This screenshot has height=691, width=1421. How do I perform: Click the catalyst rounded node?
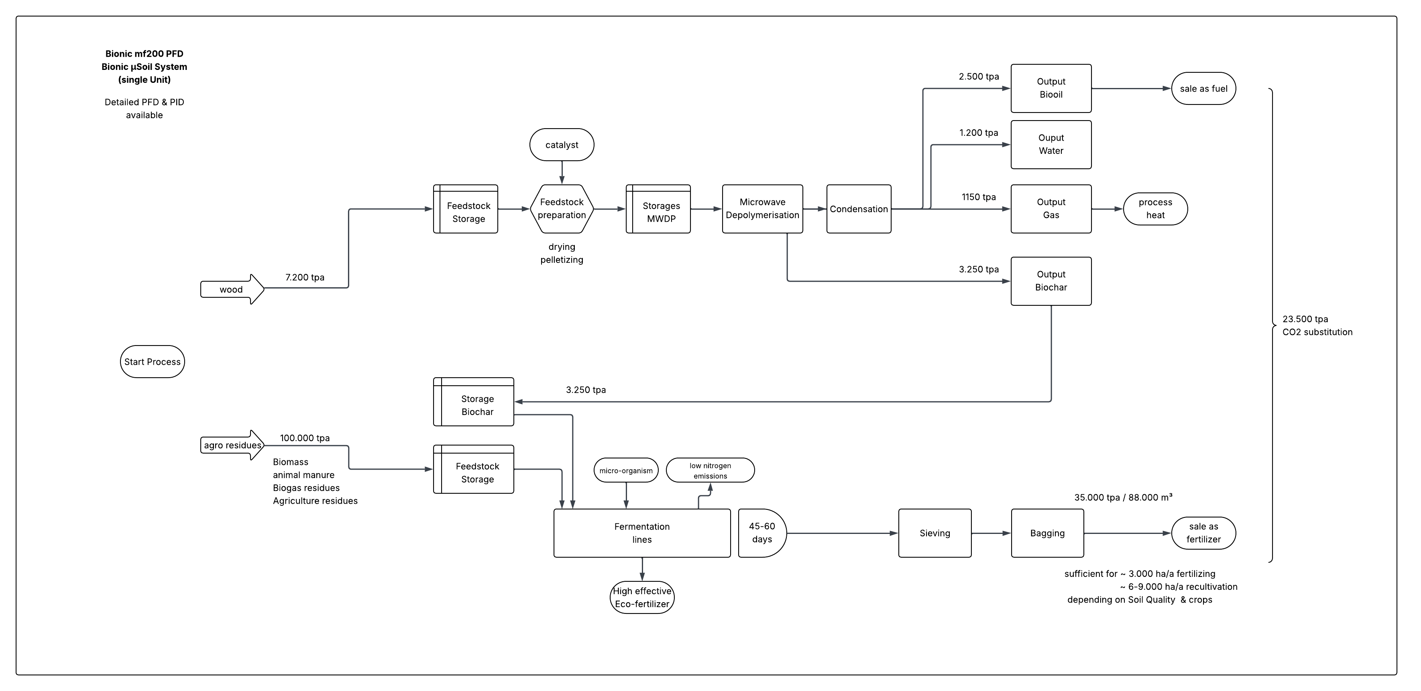click(562, 145)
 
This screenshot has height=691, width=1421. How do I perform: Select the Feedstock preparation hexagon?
click(562, 209)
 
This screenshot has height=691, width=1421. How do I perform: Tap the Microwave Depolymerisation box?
click(762, 209)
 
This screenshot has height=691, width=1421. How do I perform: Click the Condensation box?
click(858, 209)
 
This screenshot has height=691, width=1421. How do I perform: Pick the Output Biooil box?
click(1050, 88)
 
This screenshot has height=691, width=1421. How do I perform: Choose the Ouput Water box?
click(1050, 145)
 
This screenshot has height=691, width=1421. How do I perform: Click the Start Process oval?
click(152, 362)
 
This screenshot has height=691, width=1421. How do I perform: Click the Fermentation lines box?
click(641, 533)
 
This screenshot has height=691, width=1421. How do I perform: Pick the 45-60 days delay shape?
click(761, 533)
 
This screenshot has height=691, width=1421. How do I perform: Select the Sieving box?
click(934, 533)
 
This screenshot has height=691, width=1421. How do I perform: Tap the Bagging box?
click(1047, 533)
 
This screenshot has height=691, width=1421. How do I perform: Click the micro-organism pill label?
click(625, 470)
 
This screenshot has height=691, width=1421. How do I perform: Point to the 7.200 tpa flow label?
click(305, 277)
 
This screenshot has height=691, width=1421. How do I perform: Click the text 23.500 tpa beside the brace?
click(1305, 319)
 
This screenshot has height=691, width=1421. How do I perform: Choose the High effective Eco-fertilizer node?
click(641, 597)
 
